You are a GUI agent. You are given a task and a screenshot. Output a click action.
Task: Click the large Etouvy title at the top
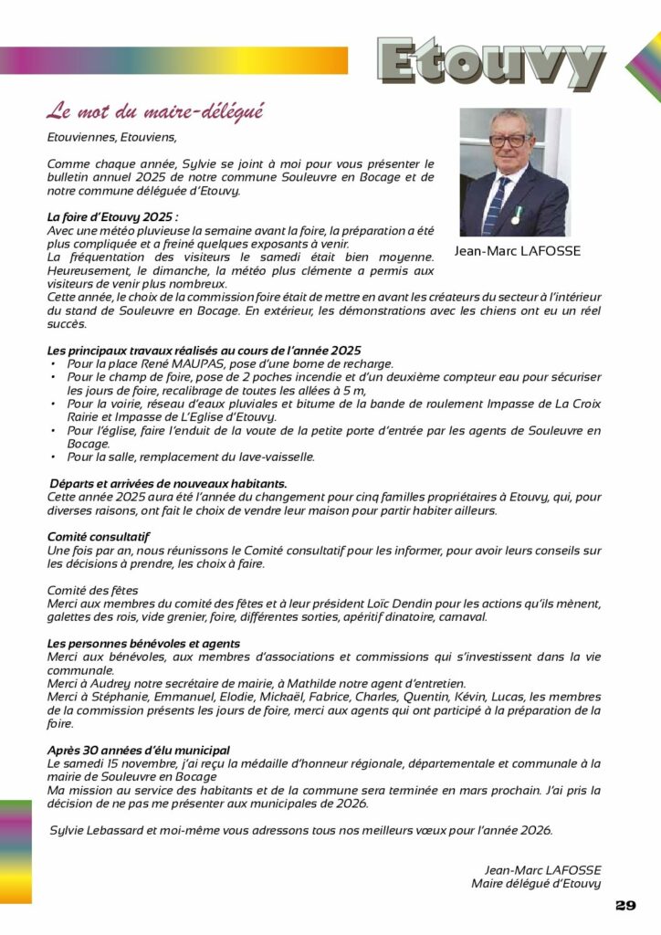point(490,62)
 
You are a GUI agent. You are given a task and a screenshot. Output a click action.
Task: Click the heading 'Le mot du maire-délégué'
point(155,112)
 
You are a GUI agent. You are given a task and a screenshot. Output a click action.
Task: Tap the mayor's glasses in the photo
point(509,141)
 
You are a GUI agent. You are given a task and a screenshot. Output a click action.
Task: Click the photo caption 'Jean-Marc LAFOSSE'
point(517,251)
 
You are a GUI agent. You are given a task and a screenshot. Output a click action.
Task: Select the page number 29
point(625,905)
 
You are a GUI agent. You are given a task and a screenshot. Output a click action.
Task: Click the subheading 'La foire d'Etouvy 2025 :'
point(112,217)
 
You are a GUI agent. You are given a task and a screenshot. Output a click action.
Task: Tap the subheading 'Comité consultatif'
point(99,538)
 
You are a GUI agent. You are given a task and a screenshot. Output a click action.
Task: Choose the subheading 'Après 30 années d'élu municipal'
point(138,750)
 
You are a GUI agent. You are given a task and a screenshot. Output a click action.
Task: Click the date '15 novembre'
point(126,763)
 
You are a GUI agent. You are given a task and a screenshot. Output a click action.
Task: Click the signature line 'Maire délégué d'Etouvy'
point(536,883)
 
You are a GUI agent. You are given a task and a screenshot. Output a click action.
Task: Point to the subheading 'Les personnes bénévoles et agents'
point(143,644)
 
